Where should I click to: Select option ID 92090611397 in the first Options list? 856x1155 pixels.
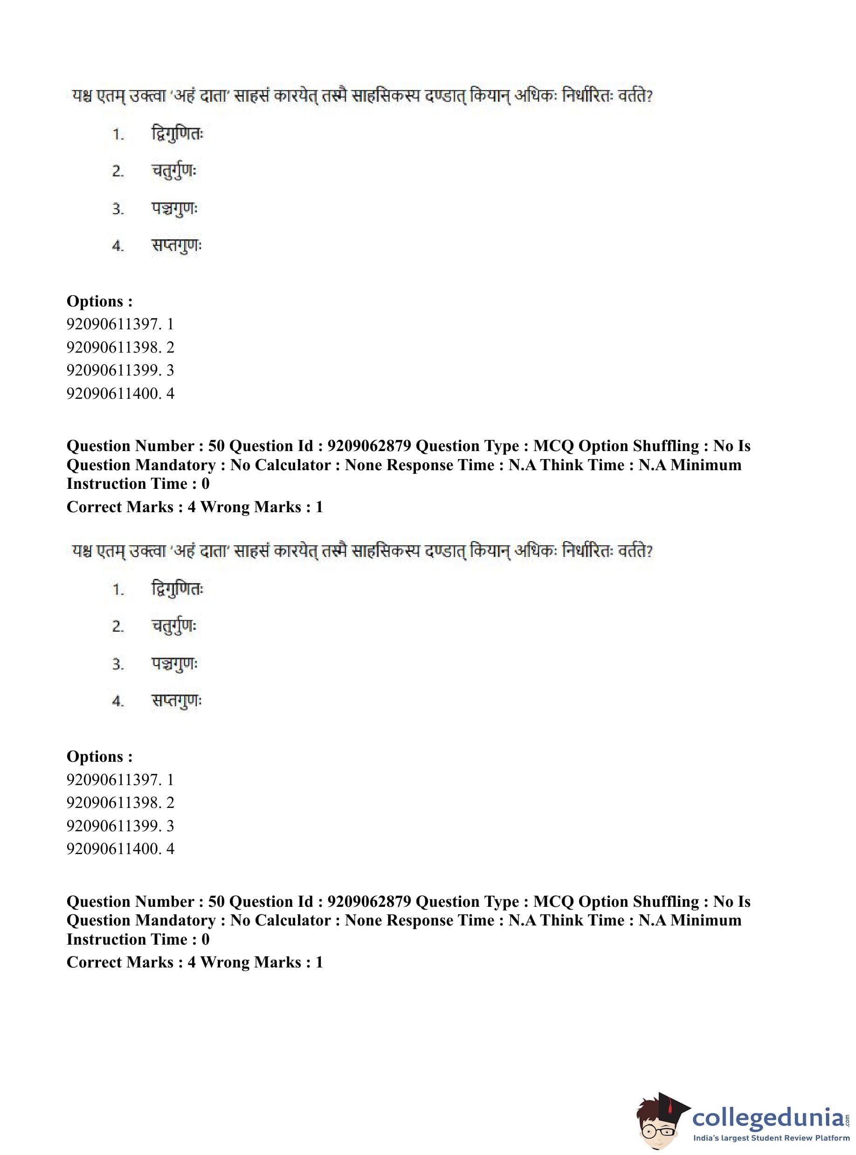pyautogui.click(x=120, y=324)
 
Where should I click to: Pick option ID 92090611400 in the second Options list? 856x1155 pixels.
pyautogui.click(x=120, y=849)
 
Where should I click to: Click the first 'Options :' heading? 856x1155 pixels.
pyautogui.click(x=99, y=301)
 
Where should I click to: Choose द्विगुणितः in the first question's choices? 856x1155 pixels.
pyautogui.click(x=177, y=134)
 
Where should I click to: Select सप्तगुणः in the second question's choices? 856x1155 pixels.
pyautogui.click(x=176, y=701)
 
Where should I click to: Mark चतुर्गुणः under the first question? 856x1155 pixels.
pyautogui.click(x=174, y=171)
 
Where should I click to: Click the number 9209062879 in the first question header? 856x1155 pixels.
pyautogui.click(x=369, y=446)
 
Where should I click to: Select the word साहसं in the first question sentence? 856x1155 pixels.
pyautogui.click(x=251, y=97)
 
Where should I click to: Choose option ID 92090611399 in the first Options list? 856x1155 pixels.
pyautogui.click(x=120, y=370)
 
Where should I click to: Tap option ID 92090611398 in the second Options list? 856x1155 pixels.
pyautogui.click(x=120, y=802)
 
